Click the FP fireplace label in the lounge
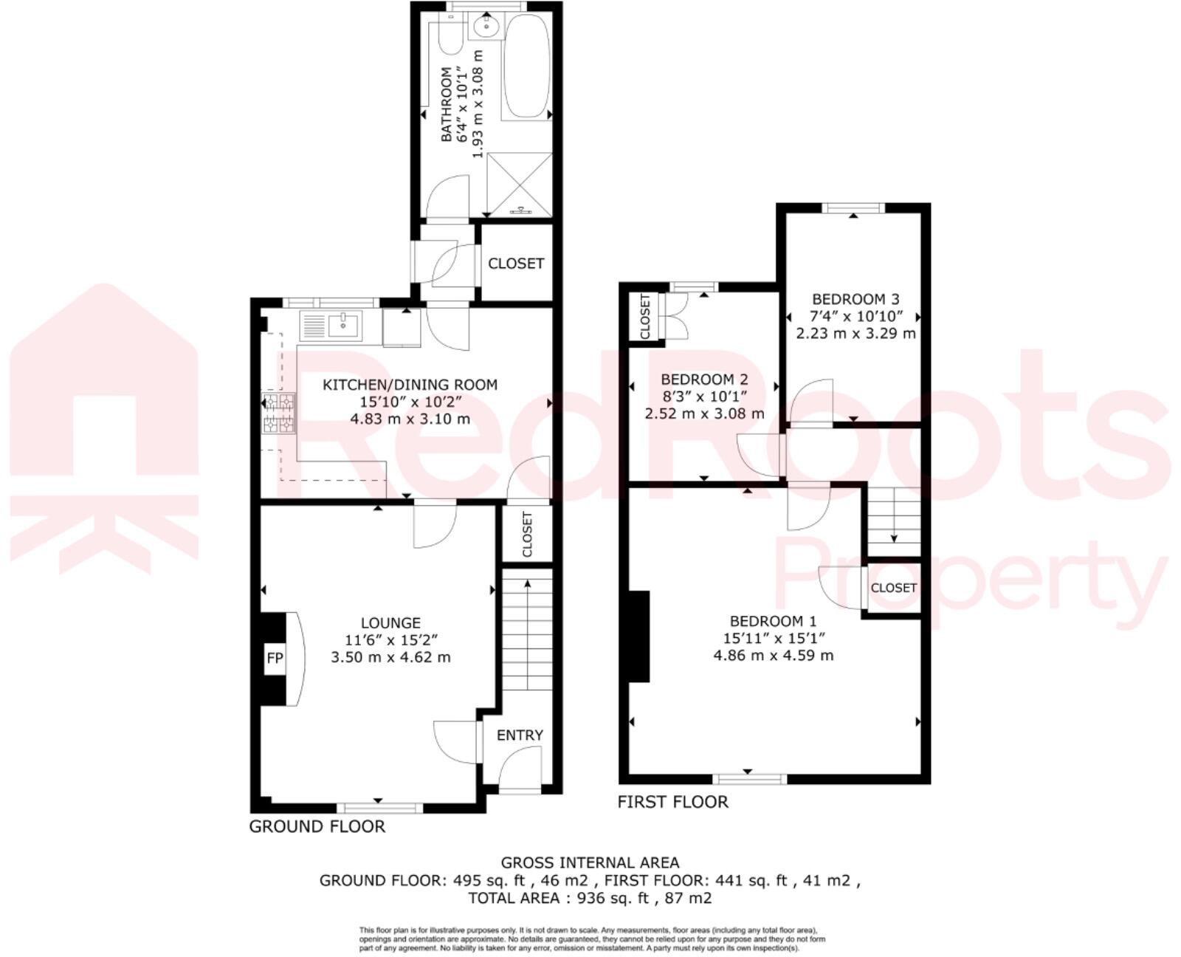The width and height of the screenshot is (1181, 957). click(275, 658)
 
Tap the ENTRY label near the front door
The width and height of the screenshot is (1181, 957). click(520, 735)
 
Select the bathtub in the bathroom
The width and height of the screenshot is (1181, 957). click(527, 66)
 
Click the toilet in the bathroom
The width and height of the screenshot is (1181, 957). click(450, 33)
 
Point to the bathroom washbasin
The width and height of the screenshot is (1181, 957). click(486, 26)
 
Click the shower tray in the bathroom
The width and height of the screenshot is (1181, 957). click(520, 185)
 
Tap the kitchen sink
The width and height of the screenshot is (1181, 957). click(331, 326)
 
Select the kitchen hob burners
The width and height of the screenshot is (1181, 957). click(278, 413)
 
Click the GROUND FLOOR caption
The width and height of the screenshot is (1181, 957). click(317, 826)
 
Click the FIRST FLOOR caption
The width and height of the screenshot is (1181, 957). click(672, 802)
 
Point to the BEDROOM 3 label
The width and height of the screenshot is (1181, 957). click(855, 300)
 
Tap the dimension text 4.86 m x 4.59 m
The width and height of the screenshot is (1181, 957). click(774, 655)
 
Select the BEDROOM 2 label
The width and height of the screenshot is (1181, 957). click(704, 380)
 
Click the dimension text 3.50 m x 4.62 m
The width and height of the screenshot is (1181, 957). click(391, 657)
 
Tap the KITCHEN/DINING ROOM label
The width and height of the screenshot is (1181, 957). click(410, 385)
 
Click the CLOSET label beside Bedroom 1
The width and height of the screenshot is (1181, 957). click(893, 588)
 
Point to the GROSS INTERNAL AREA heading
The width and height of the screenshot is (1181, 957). click(590, 862)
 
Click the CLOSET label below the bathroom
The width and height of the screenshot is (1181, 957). click(516, 264)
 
